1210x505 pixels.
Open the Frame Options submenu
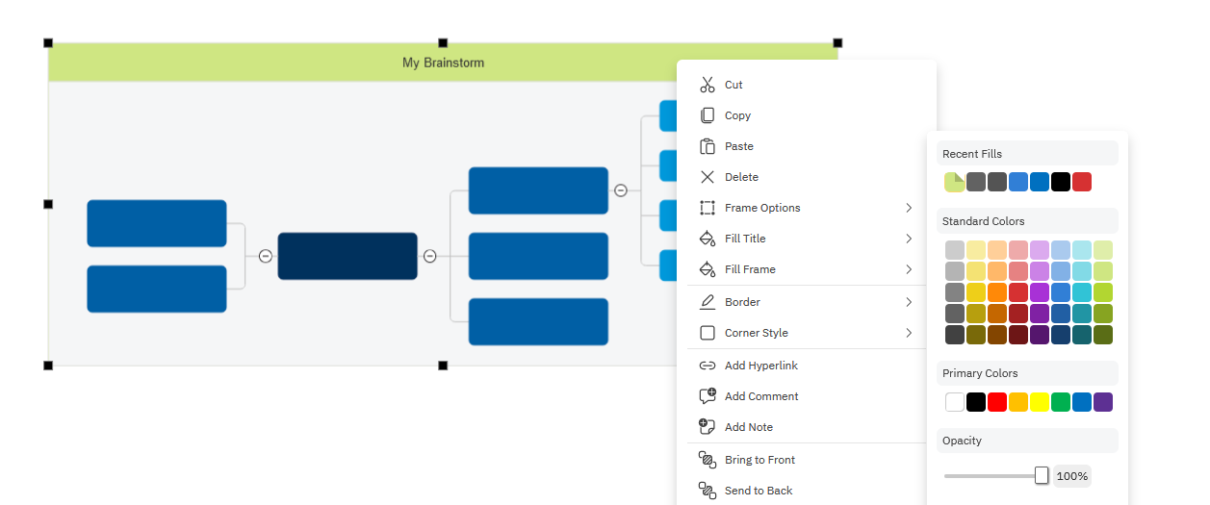pyautogui.click(x=762, y=208)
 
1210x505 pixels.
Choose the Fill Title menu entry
pyautogui.click(x=745, y=239)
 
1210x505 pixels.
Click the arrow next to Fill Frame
pyautogui.click(x=909, y=269)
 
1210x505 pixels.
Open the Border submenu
pyautogui.click(x=742, y=302)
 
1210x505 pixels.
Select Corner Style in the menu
pyautogui.click(x=757, y=333)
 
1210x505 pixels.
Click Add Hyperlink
pyautogui.click(x=761, y=366)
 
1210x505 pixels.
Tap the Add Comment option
pyautogui.click(x=761, y=396)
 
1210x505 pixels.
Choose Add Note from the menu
pyautogui.click(x=749, y=427)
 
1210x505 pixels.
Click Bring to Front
pyautogui.click(x=759, y=460)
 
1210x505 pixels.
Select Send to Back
pyautogui.click(x=759, y=491)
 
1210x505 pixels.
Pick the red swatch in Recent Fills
pyautogui.click(x=1081, y=182)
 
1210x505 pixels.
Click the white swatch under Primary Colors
pyautogui.click(x=955, y=402)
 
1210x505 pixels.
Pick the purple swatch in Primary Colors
pyautogui.click(x=1103, y=402)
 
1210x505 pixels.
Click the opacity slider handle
pyautogui.click(x=1042, y=475)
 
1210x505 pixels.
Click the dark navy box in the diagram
pyautogui.click(x=348, y=256)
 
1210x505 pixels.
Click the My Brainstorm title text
pyautogui.click(x=443, y=63)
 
